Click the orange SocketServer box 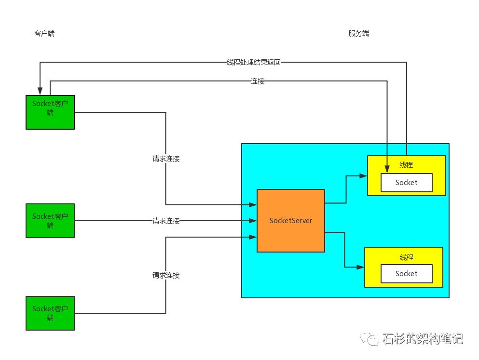click(x=290, y=221)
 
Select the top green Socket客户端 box click(x=50, y=112)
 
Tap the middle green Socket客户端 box click(x=50, y=221)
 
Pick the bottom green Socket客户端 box click(x=50, y=313)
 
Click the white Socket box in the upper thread click(x=406, y=183)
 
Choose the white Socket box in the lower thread click(x=406, y=274)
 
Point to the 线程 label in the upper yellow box click(x=406, y=165)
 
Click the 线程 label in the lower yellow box click(x=406, y=257)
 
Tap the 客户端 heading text click(x=44, y=33)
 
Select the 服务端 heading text click(x=358, y=33)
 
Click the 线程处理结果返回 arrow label click(x=253, y=62)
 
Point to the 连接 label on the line click(x=258, y=81)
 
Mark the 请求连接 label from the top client click(x=166, y=159)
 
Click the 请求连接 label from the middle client click(x=166, y=221)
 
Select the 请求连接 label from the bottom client click(x=166, y=275)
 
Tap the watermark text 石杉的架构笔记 click(x=423, y=339)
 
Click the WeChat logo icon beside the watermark click(x=372, y=339)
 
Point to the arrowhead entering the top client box click(x=40, y=92)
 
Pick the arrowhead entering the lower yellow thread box click(x=361, y=267)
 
